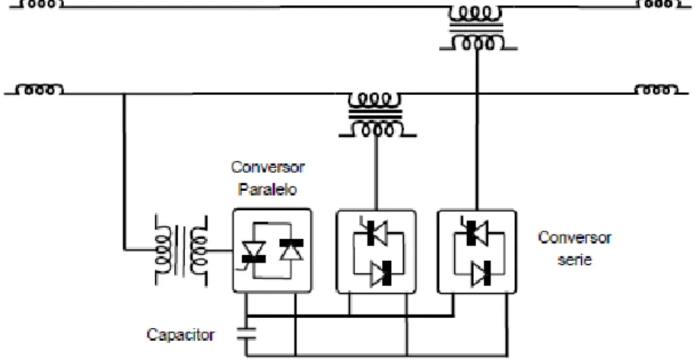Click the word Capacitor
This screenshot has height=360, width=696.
pos(180,335)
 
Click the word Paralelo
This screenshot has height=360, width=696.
pos(267,190)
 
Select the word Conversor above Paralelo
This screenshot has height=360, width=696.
pos(268,167)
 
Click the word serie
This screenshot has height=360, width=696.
pos(575,260)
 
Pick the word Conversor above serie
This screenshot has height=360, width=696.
pos(574,238)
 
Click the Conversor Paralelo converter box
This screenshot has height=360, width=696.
pos(272,251)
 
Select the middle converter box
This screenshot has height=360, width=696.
pos(377,252)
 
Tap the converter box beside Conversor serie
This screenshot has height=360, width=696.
pos(477,252)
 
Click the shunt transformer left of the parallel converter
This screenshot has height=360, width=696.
pos(182,250)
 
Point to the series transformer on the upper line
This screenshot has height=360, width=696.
pos(477,27)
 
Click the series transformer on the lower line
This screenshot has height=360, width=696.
pos(377,114)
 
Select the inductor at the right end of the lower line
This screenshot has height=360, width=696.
pos(656,89)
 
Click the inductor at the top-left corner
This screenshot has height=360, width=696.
pos(39,4)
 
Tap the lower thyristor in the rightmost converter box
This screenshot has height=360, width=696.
pos(481,273)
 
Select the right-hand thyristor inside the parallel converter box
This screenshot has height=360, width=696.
pos(291,250)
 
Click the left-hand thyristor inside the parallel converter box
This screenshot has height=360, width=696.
pos(253,253)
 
